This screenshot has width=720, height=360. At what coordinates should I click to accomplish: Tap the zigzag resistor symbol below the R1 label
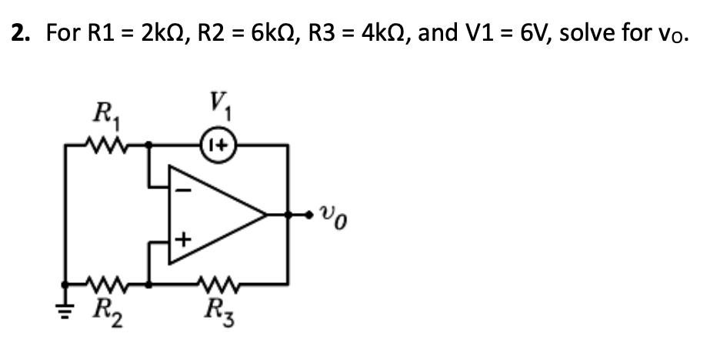[x=102, y=144]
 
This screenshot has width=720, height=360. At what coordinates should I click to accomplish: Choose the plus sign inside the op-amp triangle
[x=182, y=241]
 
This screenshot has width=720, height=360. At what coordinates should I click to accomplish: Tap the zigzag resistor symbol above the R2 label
[x=102, y=283]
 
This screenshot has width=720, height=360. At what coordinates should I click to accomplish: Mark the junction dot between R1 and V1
[x=148, y=144]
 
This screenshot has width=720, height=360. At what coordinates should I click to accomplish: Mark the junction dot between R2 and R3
[x=148, y=283]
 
